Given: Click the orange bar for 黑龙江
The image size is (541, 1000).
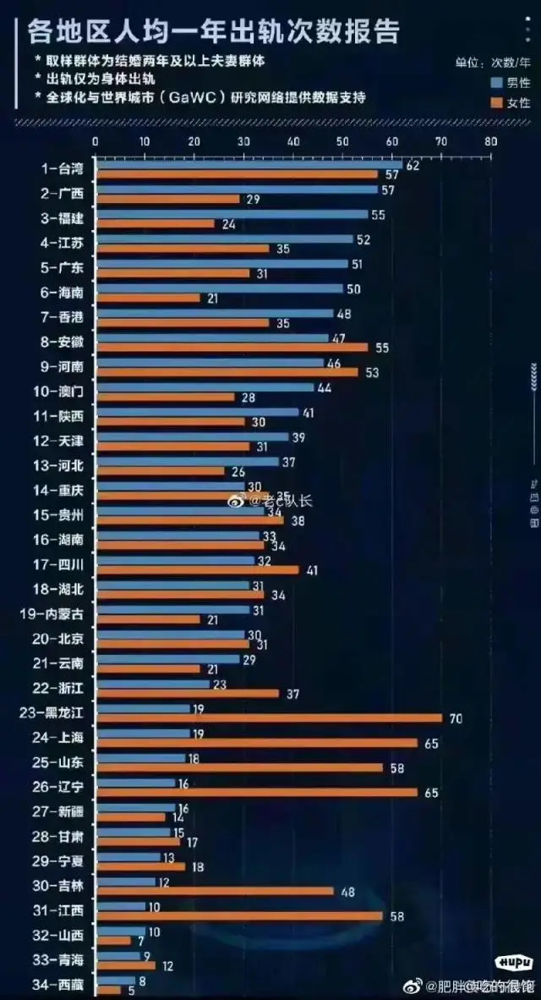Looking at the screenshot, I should coord(268,718).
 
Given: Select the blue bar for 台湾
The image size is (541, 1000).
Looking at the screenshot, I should coord(249,164).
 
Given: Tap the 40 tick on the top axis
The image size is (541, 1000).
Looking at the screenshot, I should coord(292,142).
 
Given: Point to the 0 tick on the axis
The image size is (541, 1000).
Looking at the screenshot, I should coord(95,142).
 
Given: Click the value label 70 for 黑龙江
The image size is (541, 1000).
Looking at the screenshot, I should coord(455,719).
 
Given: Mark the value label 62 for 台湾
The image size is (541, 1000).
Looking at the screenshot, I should coord(413,166).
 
